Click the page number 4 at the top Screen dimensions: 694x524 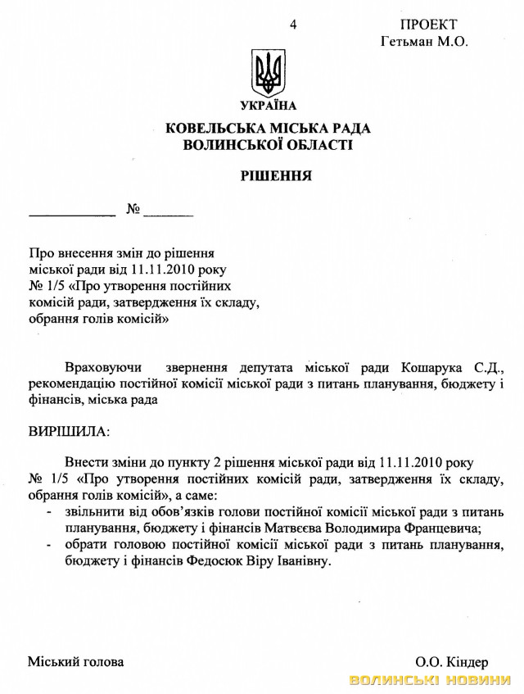coord(293,25)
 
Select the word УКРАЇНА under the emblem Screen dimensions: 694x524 coord(269,106)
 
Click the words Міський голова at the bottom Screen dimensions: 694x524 coord(76,661)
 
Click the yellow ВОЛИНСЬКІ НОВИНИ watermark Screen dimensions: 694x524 coord(433,681)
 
